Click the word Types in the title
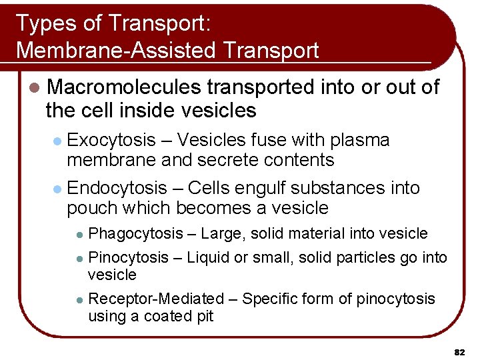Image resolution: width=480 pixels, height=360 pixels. [42, 23]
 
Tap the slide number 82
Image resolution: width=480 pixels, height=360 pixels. [459, 351]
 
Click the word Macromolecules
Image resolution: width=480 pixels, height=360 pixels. [125, 87]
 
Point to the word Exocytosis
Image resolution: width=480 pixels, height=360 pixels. [111, 141]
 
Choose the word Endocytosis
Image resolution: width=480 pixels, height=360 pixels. [117, 189]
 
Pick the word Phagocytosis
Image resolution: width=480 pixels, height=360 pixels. [135, 233]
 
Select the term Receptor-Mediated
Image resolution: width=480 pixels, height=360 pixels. [156, 299]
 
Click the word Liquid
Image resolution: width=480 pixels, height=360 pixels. [208, 258]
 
